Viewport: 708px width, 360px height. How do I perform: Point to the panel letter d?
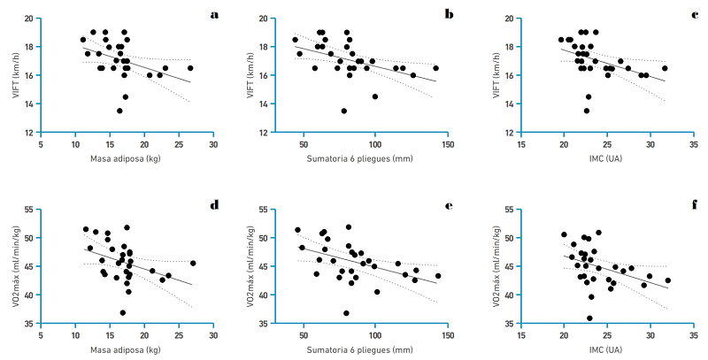pyautogui.click(x=214, y=206)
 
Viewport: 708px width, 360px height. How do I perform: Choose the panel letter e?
pyautogui.click(x=449, y=206)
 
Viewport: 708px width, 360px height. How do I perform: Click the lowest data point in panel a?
pyautogui.click(x=119, y=111)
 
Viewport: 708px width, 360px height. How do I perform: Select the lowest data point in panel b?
pyautogui.click(x=344, y=111)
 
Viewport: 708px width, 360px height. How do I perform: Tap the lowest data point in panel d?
pyautogui.click(x=123, y=312)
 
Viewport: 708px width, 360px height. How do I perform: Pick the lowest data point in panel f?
pyautogui.click(x=590, y=318)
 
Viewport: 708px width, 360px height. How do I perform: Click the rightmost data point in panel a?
pyautogui.click(x=190, y=68)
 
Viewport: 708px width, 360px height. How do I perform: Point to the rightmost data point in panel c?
pyautogui.click(x=665, y=68)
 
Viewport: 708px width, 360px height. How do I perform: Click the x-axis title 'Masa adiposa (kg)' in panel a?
pyautogui.click(x=126, y=159)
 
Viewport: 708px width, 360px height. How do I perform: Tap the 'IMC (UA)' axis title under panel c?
pyautogui.click(x=607, y=159)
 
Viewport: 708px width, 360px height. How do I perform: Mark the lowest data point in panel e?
pyautogui.click(x=347, y=312)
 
